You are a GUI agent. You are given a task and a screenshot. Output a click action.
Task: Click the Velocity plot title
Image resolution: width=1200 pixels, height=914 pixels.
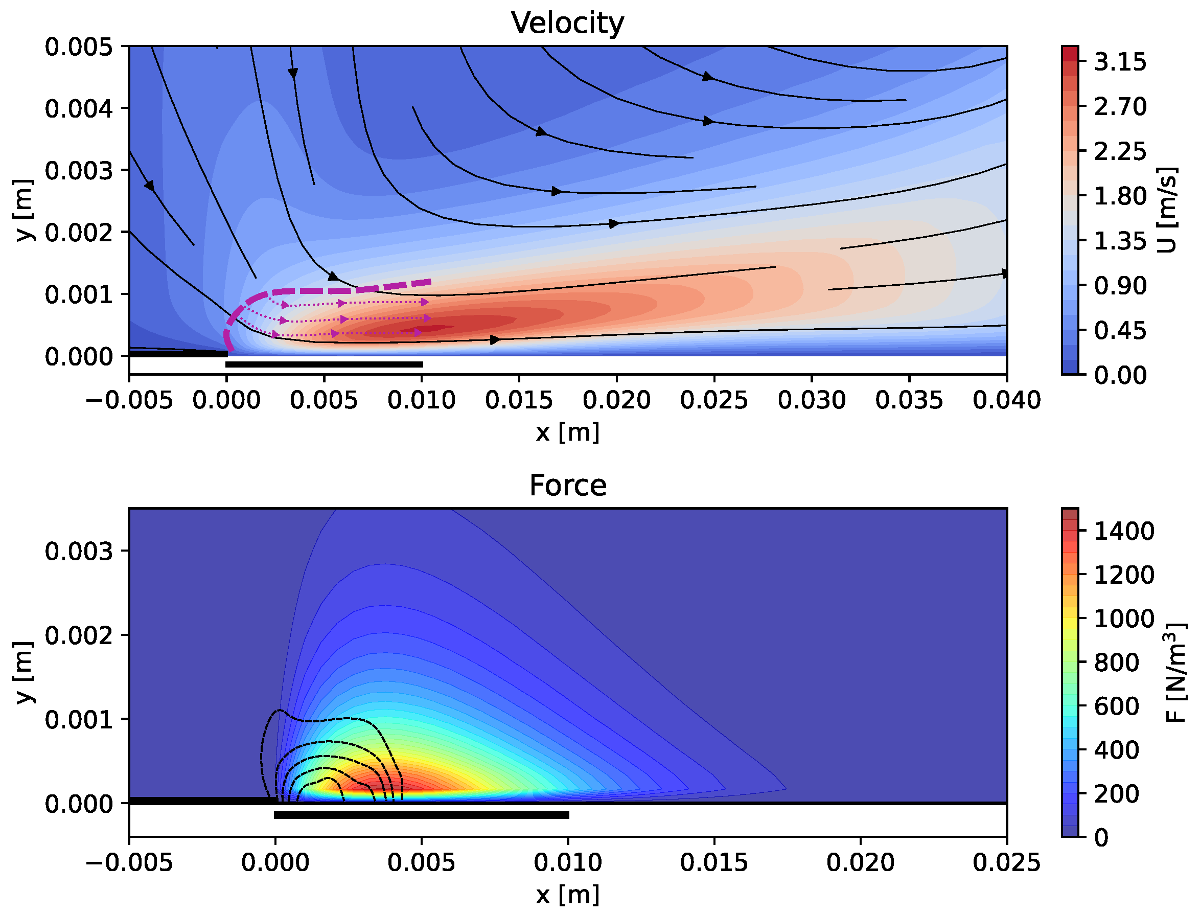(x=567, y=23)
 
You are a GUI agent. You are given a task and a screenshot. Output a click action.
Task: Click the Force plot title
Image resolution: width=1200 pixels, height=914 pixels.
(x=567, y=485)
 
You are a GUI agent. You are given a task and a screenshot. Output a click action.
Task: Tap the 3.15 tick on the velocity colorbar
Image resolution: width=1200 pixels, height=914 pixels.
(x=1119, y=62)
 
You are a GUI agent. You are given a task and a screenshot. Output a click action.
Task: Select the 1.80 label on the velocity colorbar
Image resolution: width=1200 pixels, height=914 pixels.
(x=1119, y=196)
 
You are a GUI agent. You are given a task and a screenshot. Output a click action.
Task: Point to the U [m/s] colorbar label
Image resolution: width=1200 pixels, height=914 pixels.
(x=1167, y=210)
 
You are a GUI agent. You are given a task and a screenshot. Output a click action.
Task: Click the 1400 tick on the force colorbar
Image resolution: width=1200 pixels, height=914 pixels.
(x=1124, y=531)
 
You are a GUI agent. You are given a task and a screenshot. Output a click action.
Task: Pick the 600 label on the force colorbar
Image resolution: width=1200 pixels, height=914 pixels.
(x=1116, y=706)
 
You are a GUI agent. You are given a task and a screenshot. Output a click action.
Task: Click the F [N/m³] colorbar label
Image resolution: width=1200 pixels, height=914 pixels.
(x=1175, y=672)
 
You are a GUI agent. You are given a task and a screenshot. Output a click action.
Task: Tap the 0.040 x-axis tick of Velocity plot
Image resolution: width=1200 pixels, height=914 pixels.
(x=1006, y=400)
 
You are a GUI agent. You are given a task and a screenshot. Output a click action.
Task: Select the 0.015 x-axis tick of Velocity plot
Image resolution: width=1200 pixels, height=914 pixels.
(x=518, y=400)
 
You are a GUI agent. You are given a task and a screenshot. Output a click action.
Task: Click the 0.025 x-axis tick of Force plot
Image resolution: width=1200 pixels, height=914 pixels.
(x=1006, y=863)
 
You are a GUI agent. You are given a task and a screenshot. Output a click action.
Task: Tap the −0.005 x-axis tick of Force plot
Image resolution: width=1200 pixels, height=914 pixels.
(x=129, y=863)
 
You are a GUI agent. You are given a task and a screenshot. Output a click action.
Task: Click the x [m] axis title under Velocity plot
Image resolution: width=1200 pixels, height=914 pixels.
(x=567, y=432)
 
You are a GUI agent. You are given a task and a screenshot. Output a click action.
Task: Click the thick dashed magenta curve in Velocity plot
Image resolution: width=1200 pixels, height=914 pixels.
(x=327, y=290)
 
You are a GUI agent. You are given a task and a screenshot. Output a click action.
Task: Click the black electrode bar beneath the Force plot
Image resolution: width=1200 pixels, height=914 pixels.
(x=422, y=815)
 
